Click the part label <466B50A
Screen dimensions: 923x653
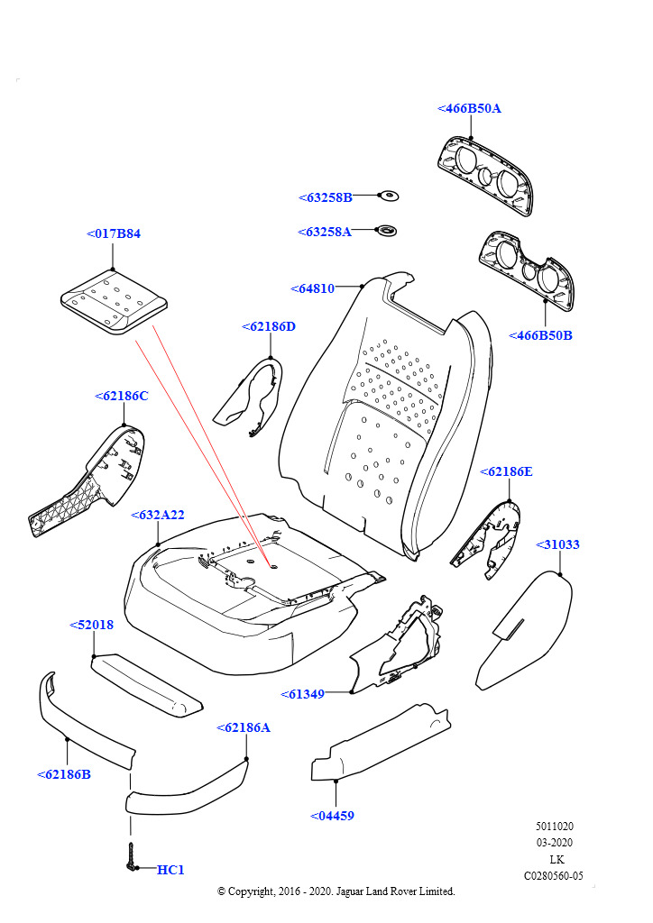pos(469,108)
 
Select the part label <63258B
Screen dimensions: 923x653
pos(326,197)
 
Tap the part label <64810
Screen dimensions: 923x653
pos(313,288)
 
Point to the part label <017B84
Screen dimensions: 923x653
pos(114,233)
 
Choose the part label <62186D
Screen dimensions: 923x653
pos(269,326)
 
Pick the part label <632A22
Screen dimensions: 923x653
pos(158,515)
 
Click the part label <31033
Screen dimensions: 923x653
pos(558,544)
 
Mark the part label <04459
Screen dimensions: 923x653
pos(332,816)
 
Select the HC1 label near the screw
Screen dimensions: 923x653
pos(170,870)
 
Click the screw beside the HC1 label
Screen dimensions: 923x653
pos(133,856)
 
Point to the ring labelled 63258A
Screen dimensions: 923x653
pos(387,231)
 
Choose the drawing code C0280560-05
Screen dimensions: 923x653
pos(554,875)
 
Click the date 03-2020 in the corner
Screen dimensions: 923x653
pos(555,843)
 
